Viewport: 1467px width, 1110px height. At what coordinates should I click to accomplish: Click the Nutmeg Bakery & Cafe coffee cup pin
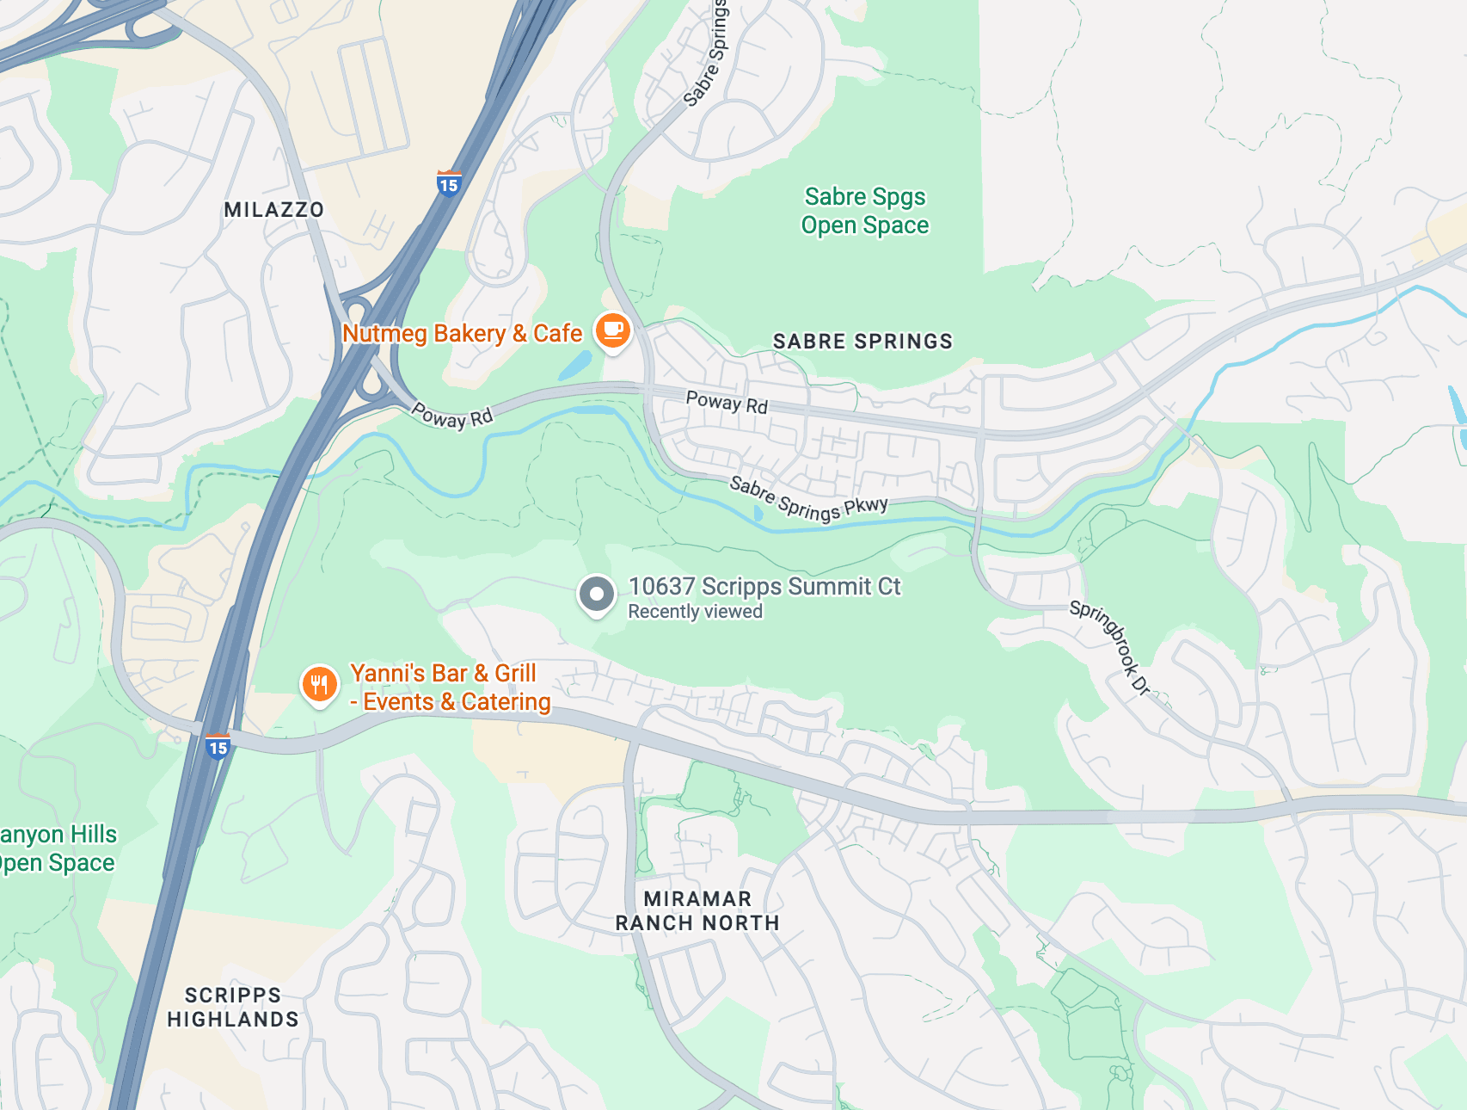[612, 330]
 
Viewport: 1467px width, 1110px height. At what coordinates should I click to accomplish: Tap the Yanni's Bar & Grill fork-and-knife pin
[319, 685]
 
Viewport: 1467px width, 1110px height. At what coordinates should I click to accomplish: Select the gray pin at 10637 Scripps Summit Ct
[596, 594]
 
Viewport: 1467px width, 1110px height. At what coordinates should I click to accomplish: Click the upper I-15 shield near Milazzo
[449, 184]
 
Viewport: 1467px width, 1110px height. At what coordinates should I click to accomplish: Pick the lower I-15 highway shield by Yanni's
[218, 747]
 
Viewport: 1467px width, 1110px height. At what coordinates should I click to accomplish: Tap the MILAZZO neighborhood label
[273, 210]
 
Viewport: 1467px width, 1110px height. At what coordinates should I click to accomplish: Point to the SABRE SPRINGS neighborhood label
[862, 342]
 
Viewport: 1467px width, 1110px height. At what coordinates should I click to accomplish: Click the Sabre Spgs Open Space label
[865, 211]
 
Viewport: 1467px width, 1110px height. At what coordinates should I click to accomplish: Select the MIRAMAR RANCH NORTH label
[697, 910]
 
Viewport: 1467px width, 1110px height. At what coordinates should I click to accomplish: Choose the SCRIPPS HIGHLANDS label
[233, 1008]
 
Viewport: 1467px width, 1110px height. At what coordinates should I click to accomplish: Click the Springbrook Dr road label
[1110, 647]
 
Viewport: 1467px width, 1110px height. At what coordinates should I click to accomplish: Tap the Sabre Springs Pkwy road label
[808, 499]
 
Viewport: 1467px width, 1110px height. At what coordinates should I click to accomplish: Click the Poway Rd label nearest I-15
[452, 415]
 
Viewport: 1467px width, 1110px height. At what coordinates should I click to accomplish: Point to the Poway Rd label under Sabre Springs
[727, 402]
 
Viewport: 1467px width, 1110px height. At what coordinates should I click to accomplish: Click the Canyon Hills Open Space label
[57, 848]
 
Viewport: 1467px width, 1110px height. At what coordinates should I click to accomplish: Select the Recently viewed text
[695, 612]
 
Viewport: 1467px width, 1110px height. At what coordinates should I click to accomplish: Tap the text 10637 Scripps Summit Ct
[764, 586]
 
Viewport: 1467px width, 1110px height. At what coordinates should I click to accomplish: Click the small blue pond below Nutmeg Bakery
[574, 367]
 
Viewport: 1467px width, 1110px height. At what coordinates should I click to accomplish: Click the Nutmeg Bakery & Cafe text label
[463, 334]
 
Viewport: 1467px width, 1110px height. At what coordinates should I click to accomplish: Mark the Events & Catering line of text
[456, 702]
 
